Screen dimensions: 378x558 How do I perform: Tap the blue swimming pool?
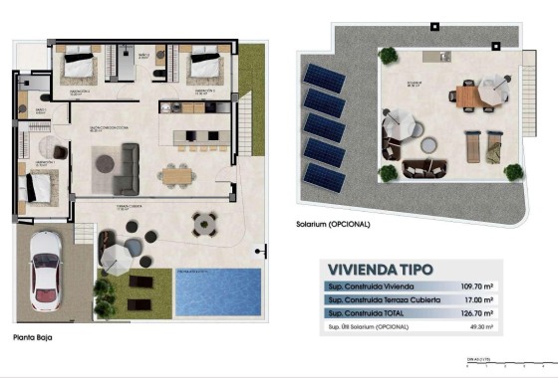(x=218, y=291)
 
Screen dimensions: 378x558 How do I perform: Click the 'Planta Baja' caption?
(x=33, y=338)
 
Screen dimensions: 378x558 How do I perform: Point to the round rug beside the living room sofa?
(x=104, y=161)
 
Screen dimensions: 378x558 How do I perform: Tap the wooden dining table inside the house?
(x=175, y=175)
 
